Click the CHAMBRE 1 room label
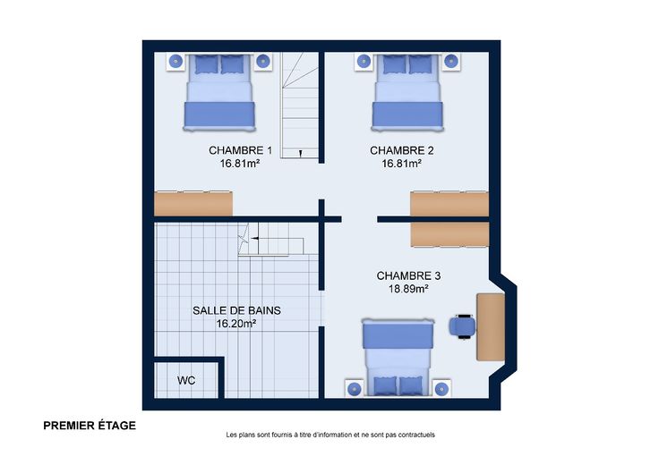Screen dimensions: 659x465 coord(240,150)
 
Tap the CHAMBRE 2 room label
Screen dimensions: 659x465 coord(402,150)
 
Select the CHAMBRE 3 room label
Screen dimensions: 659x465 coord(408,275)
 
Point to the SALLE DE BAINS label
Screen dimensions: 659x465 coord(236,310)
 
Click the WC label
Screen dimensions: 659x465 coord(186,380)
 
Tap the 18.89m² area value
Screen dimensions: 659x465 coord(408,289)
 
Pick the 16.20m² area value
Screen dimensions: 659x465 coord(236,324)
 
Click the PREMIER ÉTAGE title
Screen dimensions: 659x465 coord(90,426)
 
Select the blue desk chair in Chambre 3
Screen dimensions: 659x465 coord(463,326)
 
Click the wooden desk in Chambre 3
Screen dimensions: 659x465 coord(491,327)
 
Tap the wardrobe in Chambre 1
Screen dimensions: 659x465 coord(193,204)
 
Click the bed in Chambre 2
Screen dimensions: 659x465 coord(407,92)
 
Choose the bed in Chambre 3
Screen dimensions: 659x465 coord(398,357)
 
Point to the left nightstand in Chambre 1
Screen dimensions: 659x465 coord(175,62)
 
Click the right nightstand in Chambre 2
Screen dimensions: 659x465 coord(451,62)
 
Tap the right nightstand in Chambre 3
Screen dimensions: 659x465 coord(441,389)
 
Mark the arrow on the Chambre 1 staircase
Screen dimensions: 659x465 coord(301,153)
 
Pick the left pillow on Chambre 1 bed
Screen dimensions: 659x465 coord(207,64)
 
